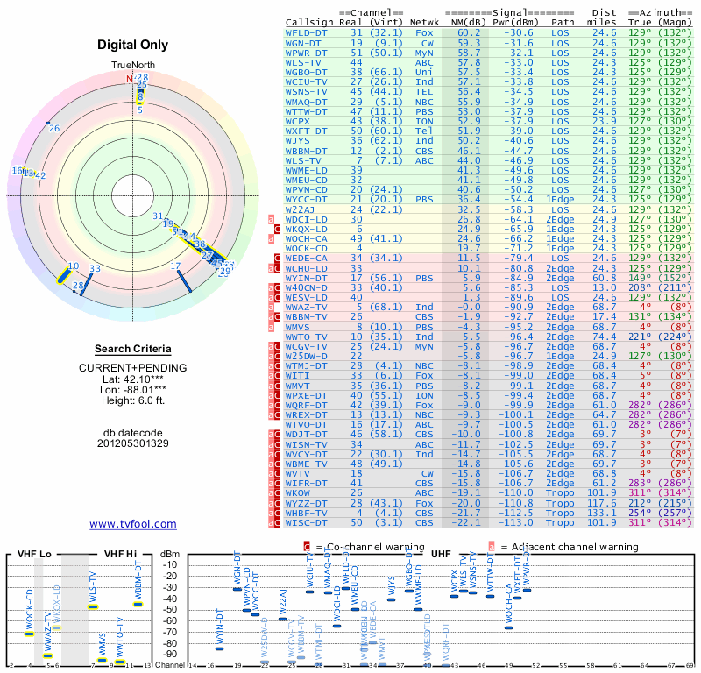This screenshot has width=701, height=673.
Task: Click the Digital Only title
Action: pos(132,46)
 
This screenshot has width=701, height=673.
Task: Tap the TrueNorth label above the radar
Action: pos(132,66)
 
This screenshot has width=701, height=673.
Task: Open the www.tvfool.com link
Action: pos(132,524)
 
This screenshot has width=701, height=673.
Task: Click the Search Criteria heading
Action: pos(132,349)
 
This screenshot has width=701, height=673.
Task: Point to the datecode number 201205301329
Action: pos(132,443)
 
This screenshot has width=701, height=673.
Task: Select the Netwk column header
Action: pos(424,22)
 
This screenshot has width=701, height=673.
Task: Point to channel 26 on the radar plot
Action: pos(54,129)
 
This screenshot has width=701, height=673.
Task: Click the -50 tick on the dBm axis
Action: pos(169,609)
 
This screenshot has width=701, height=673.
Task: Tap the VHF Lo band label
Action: pos(32,553)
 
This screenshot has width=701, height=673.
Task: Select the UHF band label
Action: pos(441,553)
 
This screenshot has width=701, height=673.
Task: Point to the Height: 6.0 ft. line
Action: pos(132,401)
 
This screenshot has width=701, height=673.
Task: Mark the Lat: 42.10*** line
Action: pos(132,379)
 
